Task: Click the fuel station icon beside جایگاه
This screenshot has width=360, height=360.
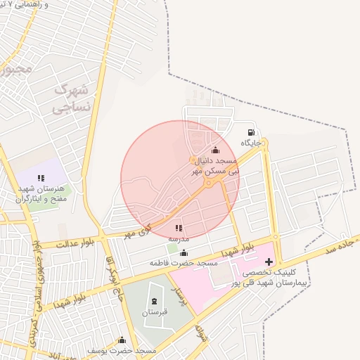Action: [x=251, y=132]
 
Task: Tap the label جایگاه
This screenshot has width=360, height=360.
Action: [x=251, y=143]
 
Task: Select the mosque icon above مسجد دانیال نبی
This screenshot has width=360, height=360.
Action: [x=215, y=150]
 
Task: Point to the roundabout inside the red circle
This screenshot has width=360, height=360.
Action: [x=209, y=184]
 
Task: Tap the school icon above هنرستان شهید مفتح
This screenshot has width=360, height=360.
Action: [x=41, y=178]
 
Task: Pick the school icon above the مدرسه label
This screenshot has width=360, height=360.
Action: [x=179, y=228]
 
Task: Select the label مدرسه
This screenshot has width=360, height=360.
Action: [x=179, y=238]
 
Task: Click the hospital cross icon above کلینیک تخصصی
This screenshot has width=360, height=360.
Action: [x=269, y=262]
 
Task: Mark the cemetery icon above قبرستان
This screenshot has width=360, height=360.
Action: [x=155, y=302]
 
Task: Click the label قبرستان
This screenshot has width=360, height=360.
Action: [x=155, y=311]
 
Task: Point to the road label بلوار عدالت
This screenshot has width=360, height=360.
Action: [x=67, y=244]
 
